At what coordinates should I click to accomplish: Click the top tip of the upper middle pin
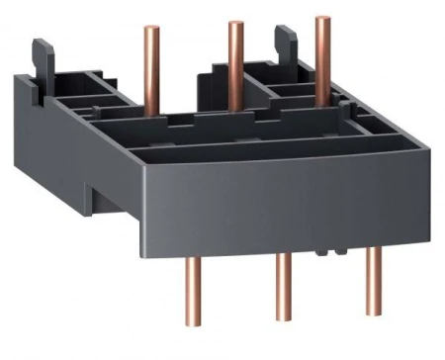[235, 24]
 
